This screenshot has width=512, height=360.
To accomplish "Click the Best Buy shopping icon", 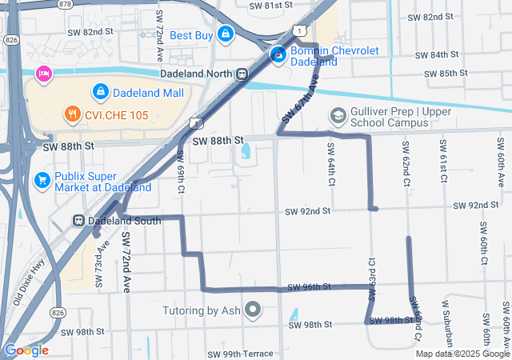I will [226, 34].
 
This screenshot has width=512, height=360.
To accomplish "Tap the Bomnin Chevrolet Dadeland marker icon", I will [278, 55].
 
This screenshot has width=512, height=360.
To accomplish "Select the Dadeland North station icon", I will [241, 73].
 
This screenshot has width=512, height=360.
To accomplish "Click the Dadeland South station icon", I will [79, 220].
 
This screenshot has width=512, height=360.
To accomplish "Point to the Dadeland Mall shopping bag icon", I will [101, 92].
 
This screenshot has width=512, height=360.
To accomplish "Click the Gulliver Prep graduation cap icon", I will [338, 117].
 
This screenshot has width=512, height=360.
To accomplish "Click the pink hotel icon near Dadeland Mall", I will [42, 74].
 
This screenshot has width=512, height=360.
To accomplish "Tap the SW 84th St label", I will [436, 55].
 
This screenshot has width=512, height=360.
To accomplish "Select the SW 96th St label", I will [306, 287].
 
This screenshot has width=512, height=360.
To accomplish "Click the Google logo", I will [26, 350].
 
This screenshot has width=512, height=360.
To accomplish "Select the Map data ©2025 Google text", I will [462, 354].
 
